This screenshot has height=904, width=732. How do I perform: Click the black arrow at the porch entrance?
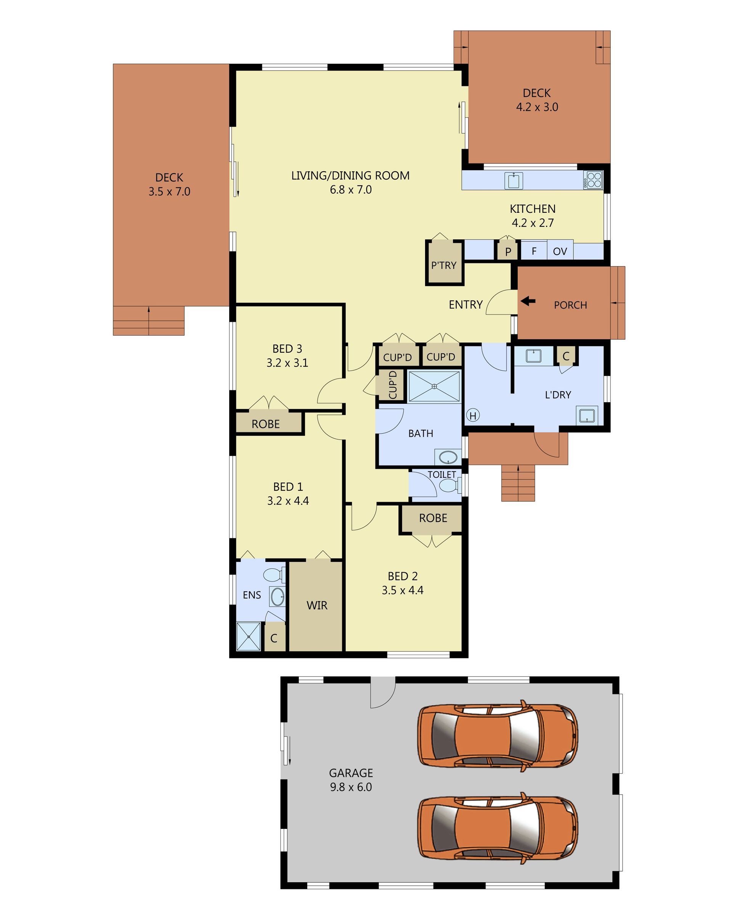(528, 301)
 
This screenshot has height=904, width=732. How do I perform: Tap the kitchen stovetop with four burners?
(593, 180)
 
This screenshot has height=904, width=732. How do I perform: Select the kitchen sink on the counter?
(514, 180)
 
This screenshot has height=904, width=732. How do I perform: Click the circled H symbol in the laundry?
(473, 415)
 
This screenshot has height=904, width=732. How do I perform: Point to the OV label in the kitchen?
(560, 251)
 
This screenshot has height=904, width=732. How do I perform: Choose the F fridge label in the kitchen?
(534, 251)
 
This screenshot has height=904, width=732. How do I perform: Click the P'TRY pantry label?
(444, 265)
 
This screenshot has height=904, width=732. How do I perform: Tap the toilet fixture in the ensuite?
(274, 574)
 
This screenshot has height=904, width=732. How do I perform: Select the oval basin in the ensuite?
(278, 597)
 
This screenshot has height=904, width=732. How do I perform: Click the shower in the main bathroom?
(434, 386)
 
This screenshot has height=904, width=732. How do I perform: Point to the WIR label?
(317, 605)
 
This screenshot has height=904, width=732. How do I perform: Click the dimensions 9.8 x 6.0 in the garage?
(351, 787)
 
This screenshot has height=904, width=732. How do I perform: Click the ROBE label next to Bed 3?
(266, 424)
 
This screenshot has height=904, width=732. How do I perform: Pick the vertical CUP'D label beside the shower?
(393, 385)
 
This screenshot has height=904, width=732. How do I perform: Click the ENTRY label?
(466, 304)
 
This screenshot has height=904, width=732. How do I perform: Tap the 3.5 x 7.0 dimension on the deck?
(169, 192)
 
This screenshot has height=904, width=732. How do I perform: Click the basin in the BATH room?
(448, 457)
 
